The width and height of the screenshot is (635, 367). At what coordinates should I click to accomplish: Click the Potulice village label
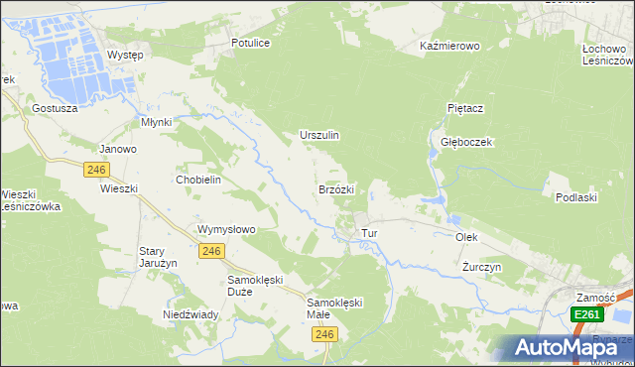click(250, 44)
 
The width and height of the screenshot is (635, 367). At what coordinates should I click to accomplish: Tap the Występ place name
click(125, 55)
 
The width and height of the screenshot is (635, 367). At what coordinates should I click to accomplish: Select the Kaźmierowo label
click(449, 47)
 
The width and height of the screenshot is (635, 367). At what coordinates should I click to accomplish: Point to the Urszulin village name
click(319, 135)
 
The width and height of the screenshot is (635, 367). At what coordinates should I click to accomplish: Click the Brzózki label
click(336, 188)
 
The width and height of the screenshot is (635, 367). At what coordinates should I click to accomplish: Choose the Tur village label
click(370, 233)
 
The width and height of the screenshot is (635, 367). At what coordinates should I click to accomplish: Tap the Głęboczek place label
click(466, 142)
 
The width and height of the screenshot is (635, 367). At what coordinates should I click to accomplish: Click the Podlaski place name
click(575, 197)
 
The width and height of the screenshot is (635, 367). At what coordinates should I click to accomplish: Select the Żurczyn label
click(482, 268)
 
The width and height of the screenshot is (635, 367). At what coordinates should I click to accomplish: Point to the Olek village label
click(466, 238)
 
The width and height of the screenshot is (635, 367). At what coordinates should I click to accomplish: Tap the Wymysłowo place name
click(227, 229)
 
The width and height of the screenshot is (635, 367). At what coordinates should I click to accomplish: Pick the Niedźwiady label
click(190, 314)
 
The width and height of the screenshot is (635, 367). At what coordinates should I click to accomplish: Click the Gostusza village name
click(55, 107)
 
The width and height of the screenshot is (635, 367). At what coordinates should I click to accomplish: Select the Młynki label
click(157, 122)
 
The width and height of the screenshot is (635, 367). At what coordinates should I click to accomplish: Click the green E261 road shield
click(586, 314)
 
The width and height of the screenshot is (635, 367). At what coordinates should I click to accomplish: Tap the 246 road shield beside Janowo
click(96, 170)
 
